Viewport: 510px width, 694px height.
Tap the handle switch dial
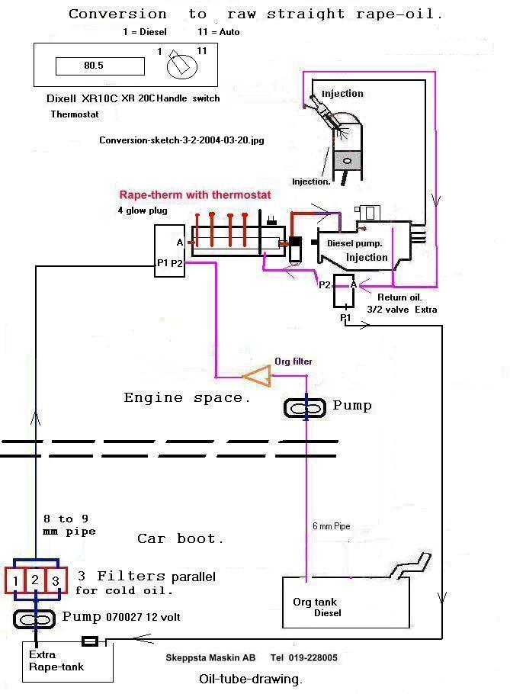tap(179, 64)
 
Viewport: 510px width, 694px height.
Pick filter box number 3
tap(56, 580)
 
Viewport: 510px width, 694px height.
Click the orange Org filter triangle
tap(257, 374)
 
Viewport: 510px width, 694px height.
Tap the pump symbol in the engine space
tap(306, 408)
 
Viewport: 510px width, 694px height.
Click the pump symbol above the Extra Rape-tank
tap(35, 618)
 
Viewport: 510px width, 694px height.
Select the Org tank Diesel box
tap(345, 607)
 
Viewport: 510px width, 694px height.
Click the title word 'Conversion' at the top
tap(117, 14)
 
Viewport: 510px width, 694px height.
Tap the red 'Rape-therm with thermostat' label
tap(195, 194)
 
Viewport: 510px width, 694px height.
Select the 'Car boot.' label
tap(181, 538)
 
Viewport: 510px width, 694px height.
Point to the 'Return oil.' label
tap(399, 297)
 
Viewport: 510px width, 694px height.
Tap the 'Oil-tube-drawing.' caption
tap(251, 679)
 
